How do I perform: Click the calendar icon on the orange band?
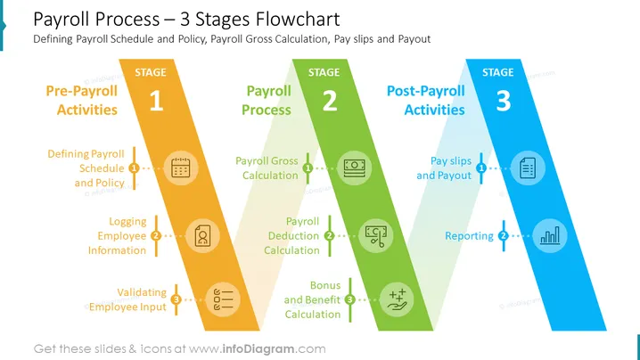point(181,168)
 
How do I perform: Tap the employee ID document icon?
point(203,235)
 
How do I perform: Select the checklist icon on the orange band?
point(223,299)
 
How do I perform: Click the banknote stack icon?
point(354,168)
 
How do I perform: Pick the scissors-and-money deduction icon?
point(376,235)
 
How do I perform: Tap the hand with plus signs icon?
point(397,300)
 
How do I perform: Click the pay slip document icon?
point(528,168)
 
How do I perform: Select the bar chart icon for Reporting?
point(550,235)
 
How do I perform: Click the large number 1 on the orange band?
point(156,101)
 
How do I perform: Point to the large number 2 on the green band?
point(330,101)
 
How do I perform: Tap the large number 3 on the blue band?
point(504,101)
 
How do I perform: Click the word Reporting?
point(469,236)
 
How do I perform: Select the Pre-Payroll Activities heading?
point(82,100)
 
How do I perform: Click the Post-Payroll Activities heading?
point(426,100)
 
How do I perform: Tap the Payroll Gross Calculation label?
point(267,168)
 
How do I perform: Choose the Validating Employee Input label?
point(127,299)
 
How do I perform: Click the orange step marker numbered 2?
point(156,236)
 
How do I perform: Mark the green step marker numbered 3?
point(349,300)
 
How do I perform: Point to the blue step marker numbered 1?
point(481,168)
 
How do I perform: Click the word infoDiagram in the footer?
point(258,349)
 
